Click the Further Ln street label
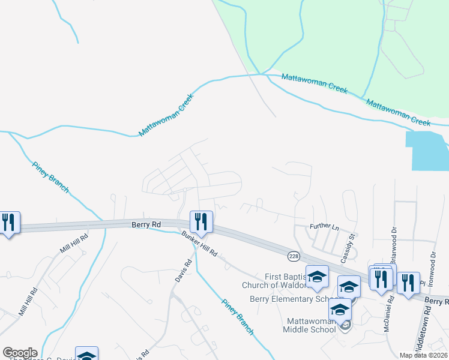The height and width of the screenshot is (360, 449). [x=324, y=227]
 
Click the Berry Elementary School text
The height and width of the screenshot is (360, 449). [x=289, y=299]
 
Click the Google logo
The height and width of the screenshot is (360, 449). [x=19, y=353]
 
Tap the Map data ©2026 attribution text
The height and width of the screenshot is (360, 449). [x=423, y=355]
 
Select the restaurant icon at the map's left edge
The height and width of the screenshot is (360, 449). [x=8, y=223]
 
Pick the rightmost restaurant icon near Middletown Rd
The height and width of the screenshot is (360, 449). [x=408, y=283]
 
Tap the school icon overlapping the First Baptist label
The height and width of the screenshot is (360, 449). [x=318, y=277]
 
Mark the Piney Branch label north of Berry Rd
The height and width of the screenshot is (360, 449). [x=50, y=178]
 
